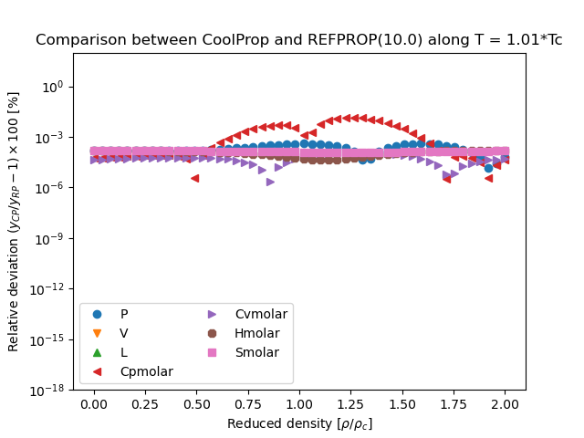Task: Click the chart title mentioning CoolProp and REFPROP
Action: point(298,40)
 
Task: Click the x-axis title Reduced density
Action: point(299,423)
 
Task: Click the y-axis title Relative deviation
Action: point(14,221)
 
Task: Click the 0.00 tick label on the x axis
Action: point(93,403)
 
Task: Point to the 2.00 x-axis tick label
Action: point(505,403)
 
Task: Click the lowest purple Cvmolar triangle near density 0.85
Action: point(270,182)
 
